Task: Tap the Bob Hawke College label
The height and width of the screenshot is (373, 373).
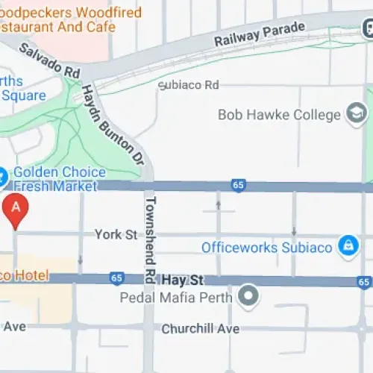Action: (279, 115)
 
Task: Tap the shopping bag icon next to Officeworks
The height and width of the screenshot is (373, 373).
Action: (347, 245)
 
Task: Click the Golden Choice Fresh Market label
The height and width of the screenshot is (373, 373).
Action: (54, 178)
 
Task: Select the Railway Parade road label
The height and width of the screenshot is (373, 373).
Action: (260, 34)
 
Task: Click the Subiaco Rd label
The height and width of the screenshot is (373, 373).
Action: (192, 85)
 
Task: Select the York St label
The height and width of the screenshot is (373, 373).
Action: (116, 235)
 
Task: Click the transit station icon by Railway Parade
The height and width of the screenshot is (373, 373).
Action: (368, 28)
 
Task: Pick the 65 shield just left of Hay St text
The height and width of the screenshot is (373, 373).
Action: (116, 278)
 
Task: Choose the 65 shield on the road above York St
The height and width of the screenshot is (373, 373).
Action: (239, 186)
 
